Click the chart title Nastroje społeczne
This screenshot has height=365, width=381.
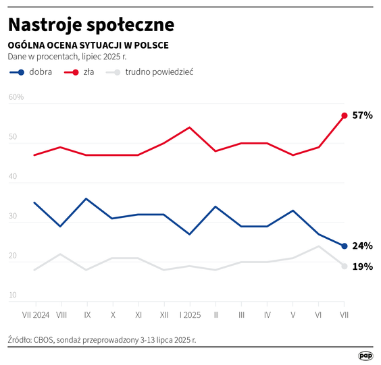point(91,24)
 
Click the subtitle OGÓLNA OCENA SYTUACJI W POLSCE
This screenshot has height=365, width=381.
point(88,45)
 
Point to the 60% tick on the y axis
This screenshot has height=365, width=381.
point(16,97)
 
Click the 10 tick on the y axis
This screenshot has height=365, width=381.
point(12,296)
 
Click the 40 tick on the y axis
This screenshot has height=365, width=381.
point(12,176)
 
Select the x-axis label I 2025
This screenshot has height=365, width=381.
point(189,314)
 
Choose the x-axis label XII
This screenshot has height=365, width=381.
point(163,314)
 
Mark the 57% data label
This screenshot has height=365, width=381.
point(363,115)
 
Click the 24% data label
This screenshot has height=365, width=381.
point(363,246)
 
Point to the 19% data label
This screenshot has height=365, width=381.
point(363,266)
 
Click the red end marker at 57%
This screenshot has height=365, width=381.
point(345,115)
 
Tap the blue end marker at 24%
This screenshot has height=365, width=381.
point(345,246)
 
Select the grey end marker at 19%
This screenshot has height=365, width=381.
point(345,266)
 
